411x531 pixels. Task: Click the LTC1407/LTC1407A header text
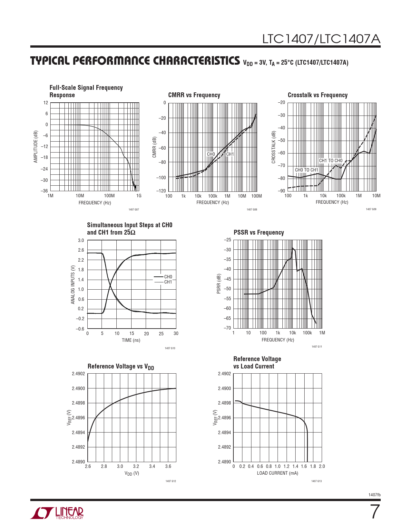(321, 39)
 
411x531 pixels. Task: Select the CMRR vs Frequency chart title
(194, 95)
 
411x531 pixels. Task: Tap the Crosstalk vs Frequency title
(318, 95)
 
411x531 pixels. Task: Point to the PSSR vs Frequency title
(259, 232)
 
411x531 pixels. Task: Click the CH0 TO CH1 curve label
(306, 170)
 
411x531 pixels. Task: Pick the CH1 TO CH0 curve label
(331, 161)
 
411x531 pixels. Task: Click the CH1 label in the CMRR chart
(230, 154)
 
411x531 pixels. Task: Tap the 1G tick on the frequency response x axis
(139, 196)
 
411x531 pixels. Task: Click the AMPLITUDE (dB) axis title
(36, 147)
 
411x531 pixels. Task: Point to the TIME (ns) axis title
(131, 340)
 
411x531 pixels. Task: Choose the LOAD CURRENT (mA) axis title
(277, 473)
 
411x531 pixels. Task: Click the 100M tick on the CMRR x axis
(257, 196)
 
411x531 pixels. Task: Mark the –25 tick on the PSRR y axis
(228, 240)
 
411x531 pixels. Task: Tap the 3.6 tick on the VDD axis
(168, 466)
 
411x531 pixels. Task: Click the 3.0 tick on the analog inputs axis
(81, 240)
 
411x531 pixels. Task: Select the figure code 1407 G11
(317, 347)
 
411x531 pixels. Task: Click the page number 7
(374, 512)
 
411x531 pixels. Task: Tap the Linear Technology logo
(57, 513)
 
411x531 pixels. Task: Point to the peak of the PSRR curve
(293, 248)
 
